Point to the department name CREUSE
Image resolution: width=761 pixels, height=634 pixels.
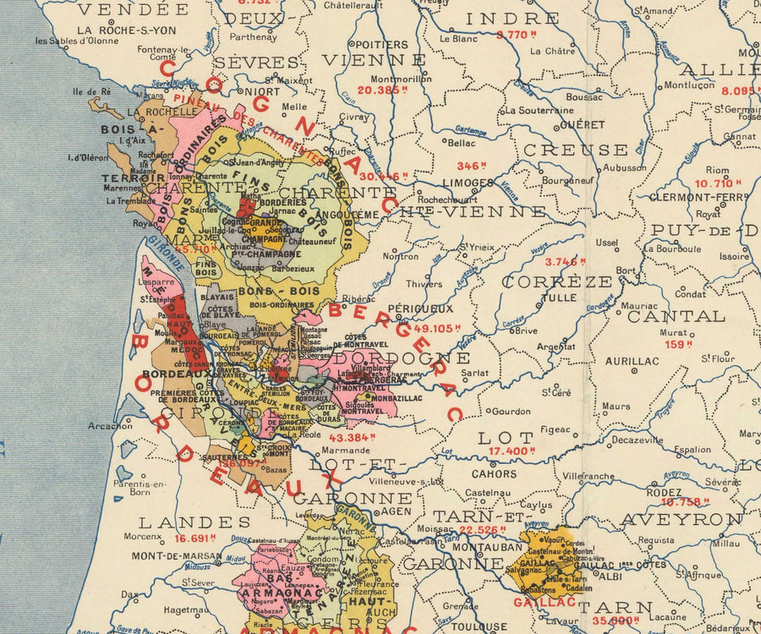tap(575, 150)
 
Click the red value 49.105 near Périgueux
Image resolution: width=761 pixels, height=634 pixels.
tap(437, 328)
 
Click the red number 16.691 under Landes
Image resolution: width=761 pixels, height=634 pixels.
tap(195, 538)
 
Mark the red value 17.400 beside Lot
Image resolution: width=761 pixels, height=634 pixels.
tap(512, 451)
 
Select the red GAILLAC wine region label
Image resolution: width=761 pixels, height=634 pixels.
tap(545, 602)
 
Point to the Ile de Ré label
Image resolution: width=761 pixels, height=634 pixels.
tap(92, 91)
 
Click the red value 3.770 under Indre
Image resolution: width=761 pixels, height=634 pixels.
tap(517, 35)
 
